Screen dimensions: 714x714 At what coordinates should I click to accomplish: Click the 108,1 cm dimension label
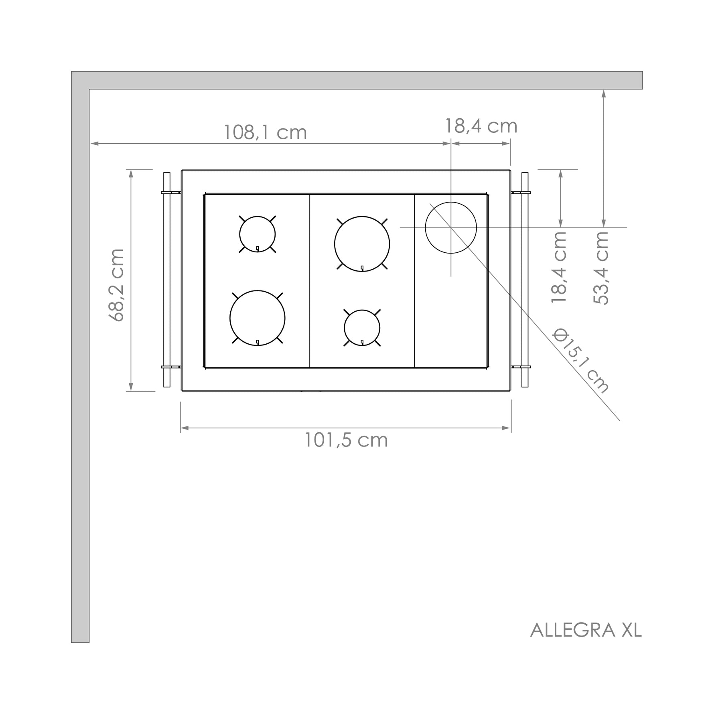coord(265,132)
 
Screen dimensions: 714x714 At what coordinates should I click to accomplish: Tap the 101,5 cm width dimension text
coord(346,440)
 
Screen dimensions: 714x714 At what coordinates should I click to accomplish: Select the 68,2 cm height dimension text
coord(117,285)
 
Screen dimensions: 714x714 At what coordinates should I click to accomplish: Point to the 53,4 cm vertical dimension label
coord(600,268)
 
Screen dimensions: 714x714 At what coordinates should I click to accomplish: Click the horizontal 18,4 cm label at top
coord(481,126)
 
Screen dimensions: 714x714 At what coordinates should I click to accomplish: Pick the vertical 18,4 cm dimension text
coord(559,267)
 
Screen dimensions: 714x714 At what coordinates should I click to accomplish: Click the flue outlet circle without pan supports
coord(450,227)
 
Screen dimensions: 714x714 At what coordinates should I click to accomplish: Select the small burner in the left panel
coord(257,234)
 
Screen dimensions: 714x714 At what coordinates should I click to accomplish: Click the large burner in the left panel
coord(257,318)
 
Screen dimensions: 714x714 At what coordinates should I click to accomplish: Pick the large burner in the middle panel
coord(362,244)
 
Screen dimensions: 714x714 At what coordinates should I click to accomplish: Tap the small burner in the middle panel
coord(362,328)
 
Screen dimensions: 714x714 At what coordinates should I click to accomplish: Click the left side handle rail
coord(167,280)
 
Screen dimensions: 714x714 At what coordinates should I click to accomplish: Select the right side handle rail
coord(525,280)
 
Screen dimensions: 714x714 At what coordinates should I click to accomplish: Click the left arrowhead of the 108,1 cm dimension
coord(93,143)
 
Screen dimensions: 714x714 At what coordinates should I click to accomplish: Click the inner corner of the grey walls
coord(89,89)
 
